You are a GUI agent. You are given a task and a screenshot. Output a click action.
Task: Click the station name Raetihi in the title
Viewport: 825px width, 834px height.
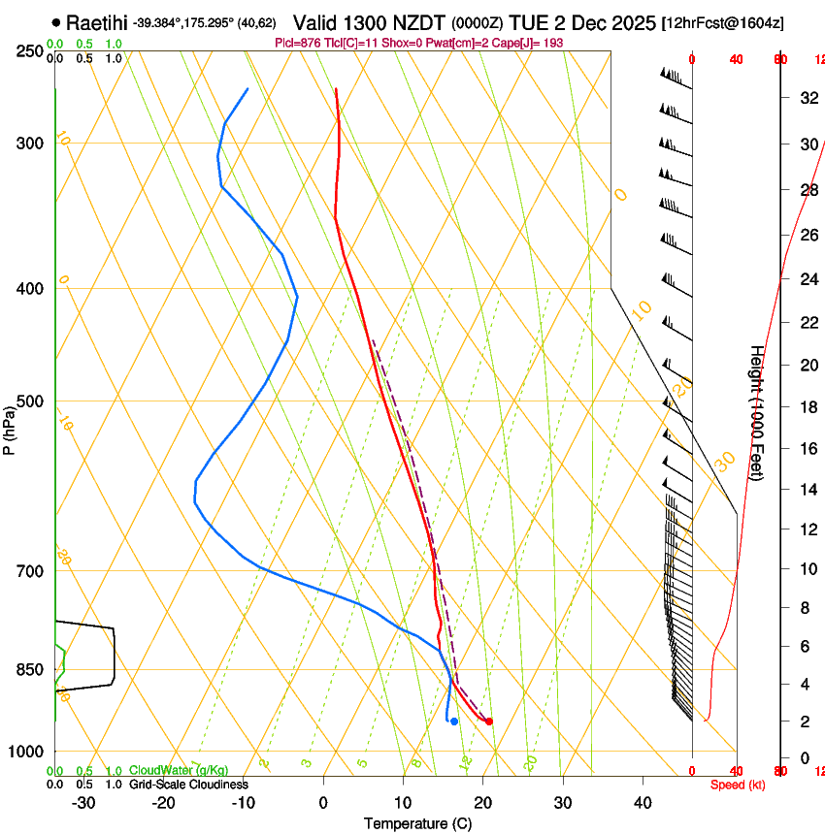(97, 22)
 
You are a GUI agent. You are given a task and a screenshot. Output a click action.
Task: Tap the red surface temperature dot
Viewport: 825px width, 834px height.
(489, 721)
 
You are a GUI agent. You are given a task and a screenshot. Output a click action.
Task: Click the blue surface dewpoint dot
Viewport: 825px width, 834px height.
(453, 721)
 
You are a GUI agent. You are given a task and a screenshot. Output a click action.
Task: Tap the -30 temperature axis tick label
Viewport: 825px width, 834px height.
(83, 802)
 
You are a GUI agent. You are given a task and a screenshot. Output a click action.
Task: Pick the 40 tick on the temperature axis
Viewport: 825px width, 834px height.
(643, 802)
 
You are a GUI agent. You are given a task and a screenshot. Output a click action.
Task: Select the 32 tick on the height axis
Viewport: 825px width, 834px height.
(807, 97)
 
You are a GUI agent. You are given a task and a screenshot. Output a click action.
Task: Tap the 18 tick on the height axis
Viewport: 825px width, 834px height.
(807, 407)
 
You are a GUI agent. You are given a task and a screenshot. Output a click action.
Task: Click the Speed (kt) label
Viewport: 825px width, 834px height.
(737, 785)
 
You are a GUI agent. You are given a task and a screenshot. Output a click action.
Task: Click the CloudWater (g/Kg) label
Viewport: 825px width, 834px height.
(179, 770)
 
